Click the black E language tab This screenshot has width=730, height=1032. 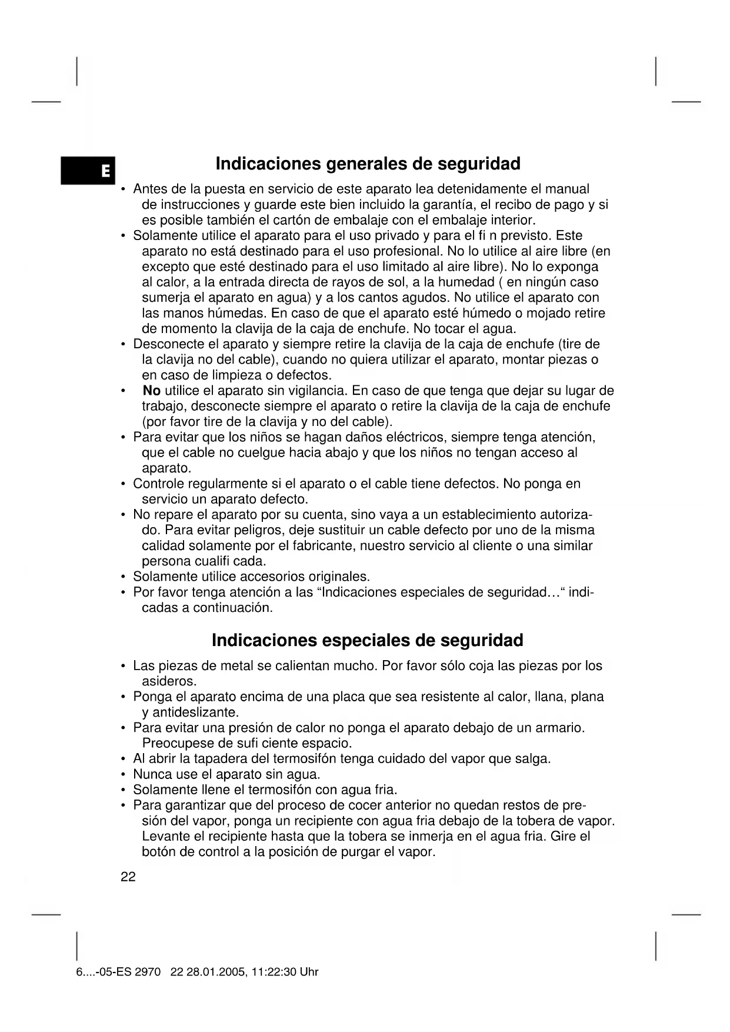(x=88, y=171)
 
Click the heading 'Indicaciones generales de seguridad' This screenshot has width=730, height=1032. (x=368, y=164)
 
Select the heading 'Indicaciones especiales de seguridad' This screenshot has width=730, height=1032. (x=367, y=640)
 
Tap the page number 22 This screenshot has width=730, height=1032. (x=128, y=877)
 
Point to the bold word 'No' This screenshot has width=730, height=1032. (x=152, y=391)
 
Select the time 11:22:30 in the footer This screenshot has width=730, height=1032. (x=274, y=972)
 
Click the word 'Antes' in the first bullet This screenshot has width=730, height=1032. (x=149, y=189)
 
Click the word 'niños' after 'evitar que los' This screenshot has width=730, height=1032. (x=266, y=438)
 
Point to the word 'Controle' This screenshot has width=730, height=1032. (x=158, y=484)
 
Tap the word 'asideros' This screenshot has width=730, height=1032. (x=168, y=682)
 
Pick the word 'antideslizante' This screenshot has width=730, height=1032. (x=195, y=713)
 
